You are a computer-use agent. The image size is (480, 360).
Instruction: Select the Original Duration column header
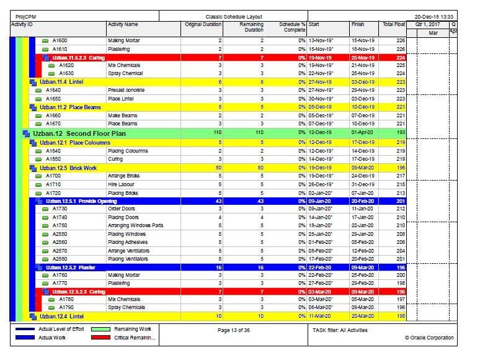click(x=203, y=24)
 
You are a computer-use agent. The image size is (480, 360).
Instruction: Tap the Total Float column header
click(x=394, y=24)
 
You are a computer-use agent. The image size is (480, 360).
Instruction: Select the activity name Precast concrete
click(x=127, y=90)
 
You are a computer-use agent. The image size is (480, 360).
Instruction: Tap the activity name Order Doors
click(x=122, y=209)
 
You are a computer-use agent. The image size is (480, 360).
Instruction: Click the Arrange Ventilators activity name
click(x=128, y=251)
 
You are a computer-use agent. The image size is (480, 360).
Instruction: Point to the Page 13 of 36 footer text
click(x=234, y=330)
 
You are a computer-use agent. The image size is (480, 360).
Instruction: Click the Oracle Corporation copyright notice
click(x=429, y=338)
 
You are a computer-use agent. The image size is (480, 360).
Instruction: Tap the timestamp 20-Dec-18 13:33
click(x=434, y=16)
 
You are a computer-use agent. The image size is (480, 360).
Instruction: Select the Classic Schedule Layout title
click(x=234, y=16)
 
